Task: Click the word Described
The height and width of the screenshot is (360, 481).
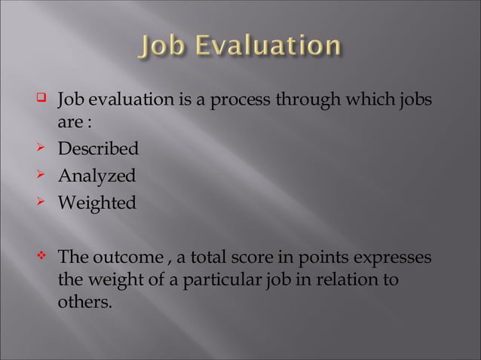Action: tap(98, 148)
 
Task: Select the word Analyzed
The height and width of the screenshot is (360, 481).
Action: tap(97, 176)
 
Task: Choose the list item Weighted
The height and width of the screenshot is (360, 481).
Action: tap(97, 203)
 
